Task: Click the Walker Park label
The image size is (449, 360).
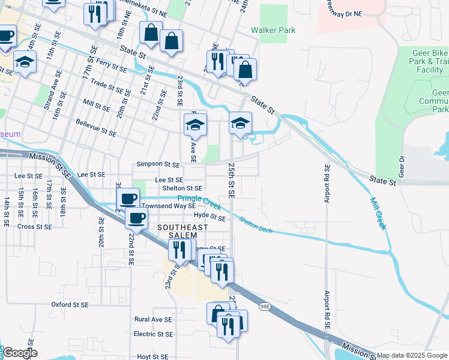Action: [x=273, y=30]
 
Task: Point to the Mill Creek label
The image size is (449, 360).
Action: [x=378, y=214]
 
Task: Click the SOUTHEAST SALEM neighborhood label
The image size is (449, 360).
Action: [x=182, y=232]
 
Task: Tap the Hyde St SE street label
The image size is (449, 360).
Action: [x=209, y=218]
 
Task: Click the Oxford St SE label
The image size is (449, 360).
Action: [x=70, y=305]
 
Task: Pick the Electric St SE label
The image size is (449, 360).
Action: [x=153, y=334]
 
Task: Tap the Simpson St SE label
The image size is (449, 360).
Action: [x=158, y=164]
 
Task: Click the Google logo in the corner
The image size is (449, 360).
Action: [x=19, y=353]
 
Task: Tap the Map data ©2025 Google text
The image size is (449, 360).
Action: [x=412, y=355]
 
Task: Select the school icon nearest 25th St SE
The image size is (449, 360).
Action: [x=240, y=124]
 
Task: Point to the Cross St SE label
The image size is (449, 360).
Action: [x=34, y=227]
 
